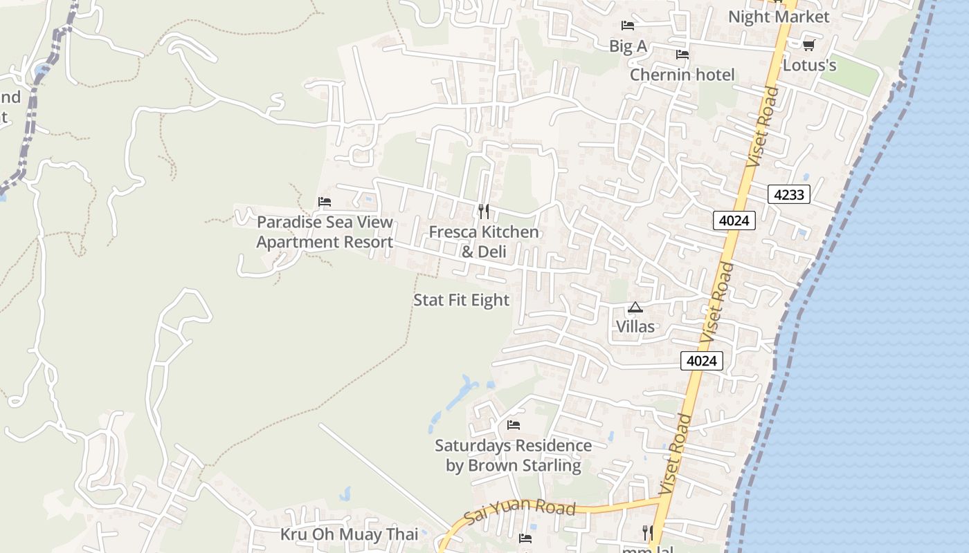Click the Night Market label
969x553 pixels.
[x=778, y=16]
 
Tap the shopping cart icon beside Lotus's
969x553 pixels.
[x=808, y=46]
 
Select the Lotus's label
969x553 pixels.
[x=809, y=66]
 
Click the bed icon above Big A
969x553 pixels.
[x=628, y=26]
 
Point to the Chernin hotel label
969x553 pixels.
[x=682, y=75]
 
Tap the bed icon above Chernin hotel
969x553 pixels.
[x=682, y=54]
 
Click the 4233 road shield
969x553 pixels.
[x=788, y=195]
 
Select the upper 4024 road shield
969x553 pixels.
[x=734, y=221]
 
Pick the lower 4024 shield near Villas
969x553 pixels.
[x=701, y=361]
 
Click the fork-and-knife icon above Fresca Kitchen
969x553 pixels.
[x=484, y=211]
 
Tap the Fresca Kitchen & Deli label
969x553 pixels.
[x=484, y=241]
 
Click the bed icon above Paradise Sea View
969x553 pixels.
[x=325, y=202]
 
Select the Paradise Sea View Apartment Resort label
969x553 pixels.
[x=325, y=232]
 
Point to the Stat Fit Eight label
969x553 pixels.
[x=461, y=300]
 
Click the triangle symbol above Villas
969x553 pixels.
[x=635, y=307]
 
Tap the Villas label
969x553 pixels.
[x=635, y=326]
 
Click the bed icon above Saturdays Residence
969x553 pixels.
[x=513, y=424]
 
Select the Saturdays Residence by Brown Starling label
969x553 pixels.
[x=513, y=456]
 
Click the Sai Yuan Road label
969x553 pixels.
[x=520, y=512]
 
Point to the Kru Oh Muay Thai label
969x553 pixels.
[x=349, y=534]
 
